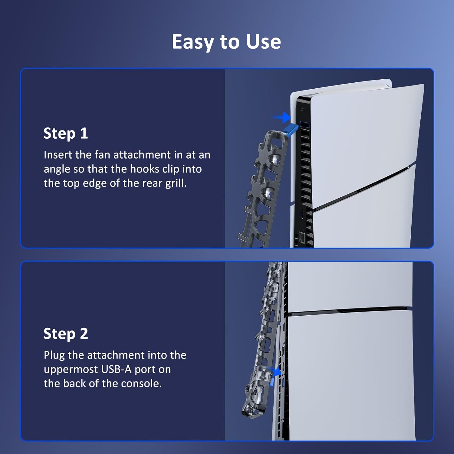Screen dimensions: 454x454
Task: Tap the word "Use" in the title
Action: (264, 41)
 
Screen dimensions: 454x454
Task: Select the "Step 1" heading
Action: (66, 133)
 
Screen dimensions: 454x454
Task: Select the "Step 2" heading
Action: (66, 334)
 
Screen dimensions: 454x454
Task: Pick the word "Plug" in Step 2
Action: (54, 355)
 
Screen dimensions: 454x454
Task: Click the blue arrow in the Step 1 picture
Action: (281, 117)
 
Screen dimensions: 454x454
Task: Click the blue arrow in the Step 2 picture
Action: (276, 371)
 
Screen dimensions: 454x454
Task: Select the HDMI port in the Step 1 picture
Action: (302, 213)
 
